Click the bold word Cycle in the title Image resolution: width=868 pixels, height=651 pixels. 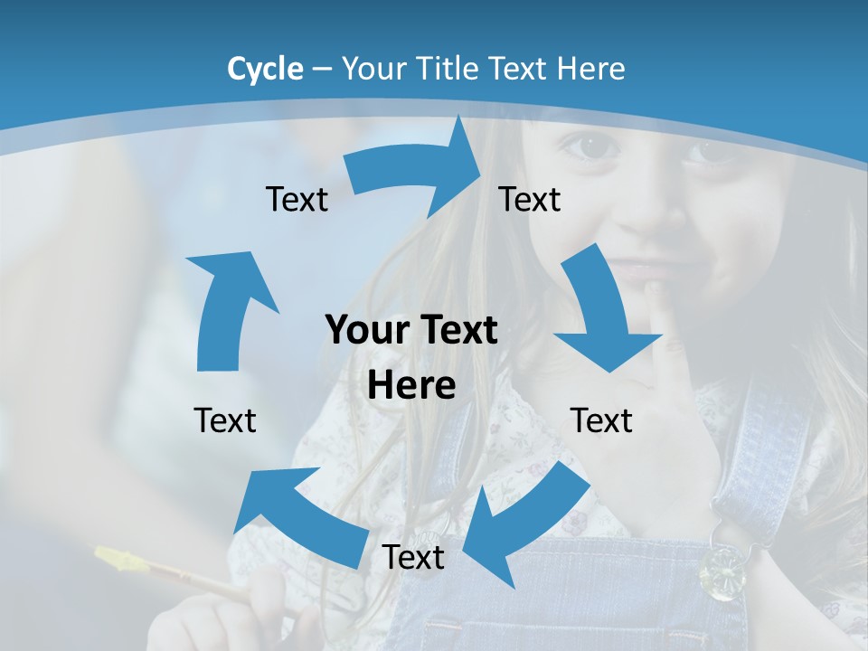265,69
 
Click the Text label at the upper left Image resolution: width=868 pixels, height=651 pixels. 297,199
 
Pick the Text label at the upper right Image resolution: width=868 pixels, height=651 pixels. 530,199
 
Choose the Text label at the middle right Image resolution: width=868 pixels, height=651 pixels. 601,420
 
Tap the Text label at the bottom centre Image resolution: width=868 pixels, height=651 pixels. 413,557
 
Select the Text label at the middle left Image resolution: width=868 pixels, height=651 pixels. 225,420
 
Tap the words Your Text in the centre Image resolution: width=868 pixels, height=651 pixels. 411,331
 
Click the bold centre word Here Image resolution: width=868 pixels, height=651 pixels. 411,385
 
